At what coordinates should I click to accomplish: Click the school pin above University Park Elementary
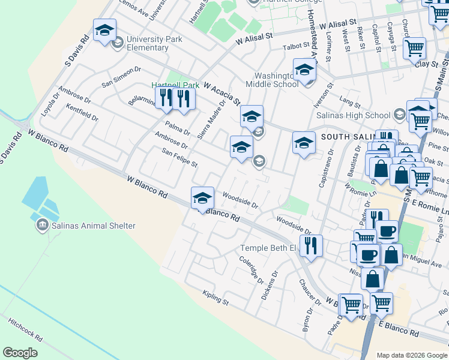[x=104, y=31]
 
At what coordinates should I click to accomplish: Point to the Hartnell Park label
[x=175, y=85]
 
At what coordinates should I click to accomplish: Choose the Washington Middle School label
[x=276, y=80]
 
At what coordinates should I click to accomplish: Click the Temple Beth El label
[x=268, y=248]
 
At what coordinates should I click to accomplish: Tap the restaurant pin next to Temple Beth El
[x=311, y=245]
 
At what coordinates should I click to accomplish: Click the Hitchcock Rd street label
[x=25, y=329]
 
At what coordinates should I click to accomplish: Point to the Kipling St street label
[x=216, y=298]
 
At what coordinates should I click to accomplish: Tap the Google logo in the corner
[x=20, y=352]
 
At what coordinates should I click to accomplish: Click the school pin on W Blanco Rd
[x=203, y=198]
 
